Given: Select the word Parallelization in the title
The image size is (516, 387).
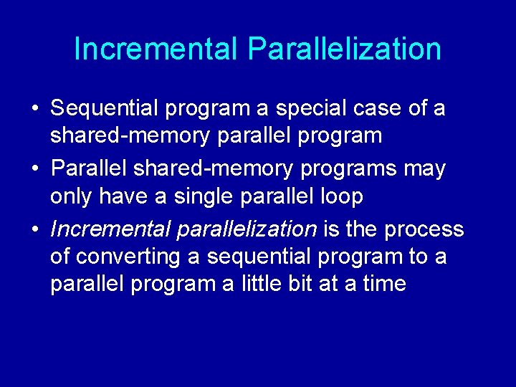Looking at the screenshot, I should [x=344, y=49].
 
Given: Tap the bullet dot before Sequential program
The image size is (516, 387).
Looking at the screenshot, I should [x=34, y=109].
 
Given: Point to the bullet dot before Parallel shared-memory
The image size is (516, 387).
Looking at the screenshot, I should [x=34, y=169].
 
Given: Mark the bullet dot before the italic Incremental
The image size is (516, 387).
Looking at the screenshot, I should [x=34, y=229].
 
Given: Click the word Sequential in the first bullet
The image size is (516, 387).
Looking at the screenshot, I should [x=104, y=108].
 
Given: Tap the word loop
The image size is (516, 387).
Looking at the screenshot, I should [x=338, y=196].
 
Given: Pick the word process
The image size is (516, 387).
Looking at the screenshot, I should [x=424, y=229].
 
